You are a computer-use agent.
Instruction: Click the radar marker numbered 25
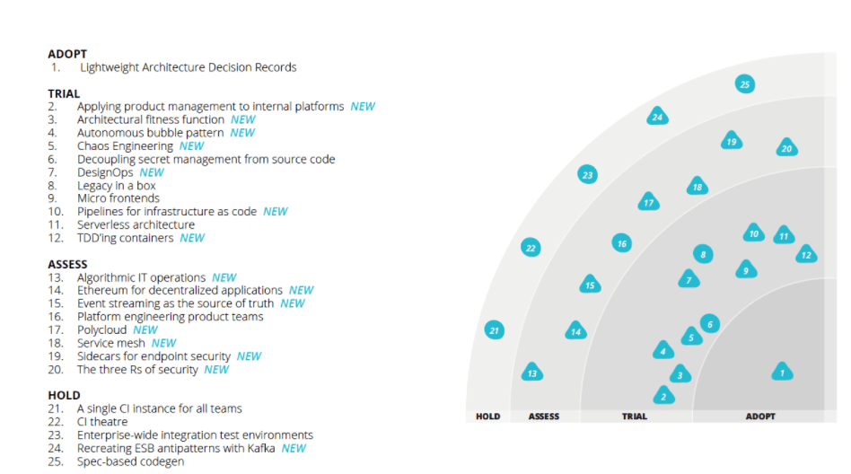coord(744,84)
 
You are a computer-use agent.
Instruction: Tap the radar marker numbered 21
coord(494,330)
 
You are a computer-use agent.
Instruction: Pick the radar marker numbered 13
coord(532,373)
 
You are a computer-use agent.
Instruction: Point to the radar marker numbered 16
coord(621,243)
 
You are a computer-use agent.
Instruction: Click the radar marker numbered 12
coord(806,255)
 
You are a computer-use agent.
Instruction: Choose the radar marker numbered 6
coord(709,324)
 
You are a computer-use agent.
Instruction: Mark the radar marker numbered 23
coord(588,175)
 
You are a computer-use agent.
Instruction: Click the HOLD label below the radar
coord(487,417)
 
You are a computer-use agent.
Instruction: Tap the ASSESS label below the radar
coord(544,417)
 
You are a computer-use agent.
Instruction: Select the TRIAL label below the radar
coord(635,417)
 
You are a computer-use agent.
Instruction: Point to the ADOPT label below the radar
coord(760,417)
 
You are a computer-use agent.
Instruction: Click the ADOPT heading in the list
coord(67,54)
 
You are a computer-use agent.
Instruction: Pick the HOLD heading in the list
coord(64,395)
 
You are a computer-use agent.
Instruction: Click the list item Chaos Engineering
coord(125,145)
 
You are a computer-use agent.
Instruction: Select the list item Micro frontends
coord(118,198)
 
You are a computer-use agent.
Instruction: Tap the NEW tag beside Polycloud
coord(145,329)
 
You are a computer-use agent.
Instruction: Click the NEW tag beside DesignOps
coord(152,172)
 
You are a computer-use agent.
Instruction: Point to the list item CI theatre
coord(101,422)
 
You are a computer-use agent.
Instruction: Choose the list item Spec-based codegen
coord(130,461)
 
